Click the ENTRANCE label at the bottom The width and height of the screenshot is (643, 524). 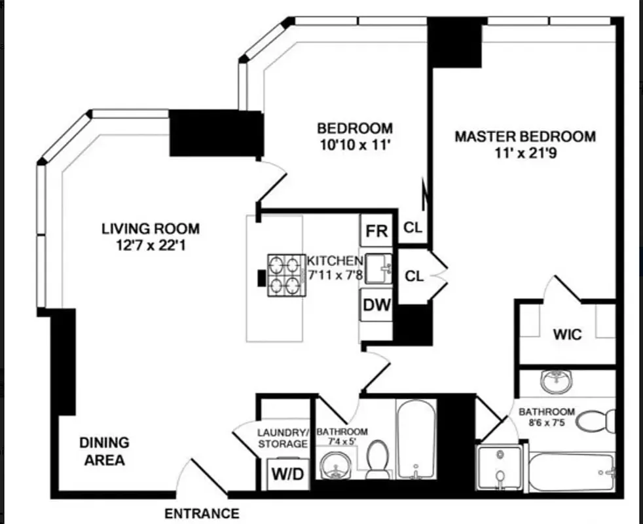pyautogui.click(x=202, y=513)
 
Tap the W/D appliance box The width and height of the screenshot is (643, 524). pyautogui.click(x=287, y=474)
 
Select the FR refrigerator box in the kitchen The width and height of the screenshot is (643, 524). pyautogui.click(x=377, y=231)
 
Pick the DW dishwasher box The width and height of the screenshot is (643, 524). pyautogui.click(x=377, y=305)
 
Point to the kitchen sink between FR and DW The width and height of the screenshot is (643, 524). pyautogui.click(x=378, y=268)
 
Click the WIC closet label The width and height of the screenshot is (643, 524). pyautogui.click(x=567, y=334)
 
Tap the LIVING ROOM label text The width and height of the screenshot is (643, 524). pyautogui.click(x=150, y=229)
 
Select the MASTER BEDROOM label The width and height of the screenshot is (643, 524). pyautogui.click(x=525, y=136)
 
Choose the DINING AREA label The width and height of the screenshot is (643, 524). pyautogui.click(x=105, y=451)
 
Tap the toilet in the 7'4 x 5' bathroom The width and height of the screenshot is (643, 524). pyautogui.click(x=377, y=460)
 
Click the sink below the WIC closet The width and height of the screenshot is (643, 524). pyautogui.click(x=557, y=381)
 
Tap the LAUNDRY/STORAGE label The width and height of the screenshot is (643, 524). pyautogui.click(x=282, y=438)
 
